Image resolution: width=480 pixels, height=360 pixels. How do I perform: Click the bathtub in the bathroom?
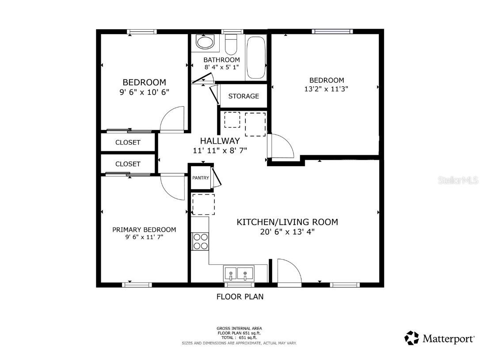pyautogui.click(x=255, y=57)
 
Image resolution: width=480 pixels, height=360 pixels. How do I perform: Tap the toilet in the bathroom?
pyautogui.click(x=231, y=45)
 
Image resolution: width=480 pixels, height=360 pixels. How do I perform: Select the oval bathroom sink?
pyautogui.click(x=205, y=42)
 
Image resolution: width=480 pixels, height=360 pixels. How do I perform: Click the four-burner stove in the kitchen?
pyautogui.click(x=200, y=241)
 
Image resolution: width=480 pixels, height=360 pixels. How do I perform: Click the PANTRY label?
pyautogui.click(x=201, y=178)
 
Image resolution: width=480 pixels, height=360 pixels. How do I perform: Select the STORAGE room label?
pyautogui.click(x=244, y=96)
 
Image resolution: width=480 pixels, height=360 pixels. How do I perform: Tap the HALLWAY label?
pyautogui.click(x=220, y=141)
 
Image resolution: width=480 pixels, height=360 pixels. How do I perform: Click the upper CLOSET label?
pyautogui.click(x=128, y=142)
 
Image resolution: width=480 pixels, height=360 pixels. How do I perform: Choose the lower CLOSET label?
pyautogui.click(x=128, y=164)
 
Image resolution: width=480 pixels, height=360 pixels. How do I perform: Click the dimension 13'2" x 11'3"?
pyautogui.click(x=326, y=89)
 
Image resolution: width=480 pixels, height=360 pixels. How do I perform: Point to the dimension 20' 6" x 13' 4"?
pyautogui.click(x=287, y=232)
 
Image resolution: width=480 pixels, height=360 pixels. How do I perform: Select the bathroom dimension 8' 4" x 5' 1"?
pyautogui.click(x=221, y=67)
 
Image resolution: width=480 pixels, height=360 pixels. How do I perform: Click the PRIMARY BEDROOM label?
pyautogui.click(x=144, y=230)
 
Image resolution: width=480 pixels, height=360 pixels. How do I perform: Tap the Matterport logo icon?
pyautogui.click(x=411, y=338)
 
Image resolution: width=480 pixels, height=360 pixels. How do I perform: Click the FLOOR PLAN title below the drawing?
pyautogui.click(x=240, y=297)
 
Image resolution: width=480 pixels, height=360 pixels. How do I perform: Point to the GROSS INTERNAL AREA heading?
pyautogui.click(x=240, y=329)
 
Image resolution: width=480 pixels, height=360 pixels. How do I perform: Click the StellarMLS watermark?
pyautogui.click(x=458, y=180)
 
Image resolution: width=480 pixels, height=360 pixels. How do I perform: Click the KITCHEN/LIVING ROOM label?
pyautogui.click(x=287, y=222)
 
